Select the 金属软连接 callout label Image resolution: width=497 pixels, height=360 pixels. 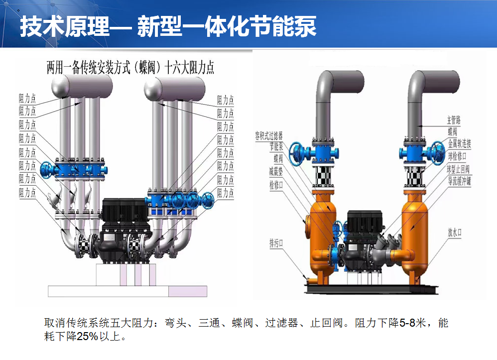(x=459, y=144)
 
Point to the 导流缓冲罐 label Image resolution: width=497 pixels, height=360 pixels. (x=459, y=181)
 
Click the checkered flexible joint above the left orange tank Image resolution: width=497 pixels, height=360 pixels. (x=323, y=177)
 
